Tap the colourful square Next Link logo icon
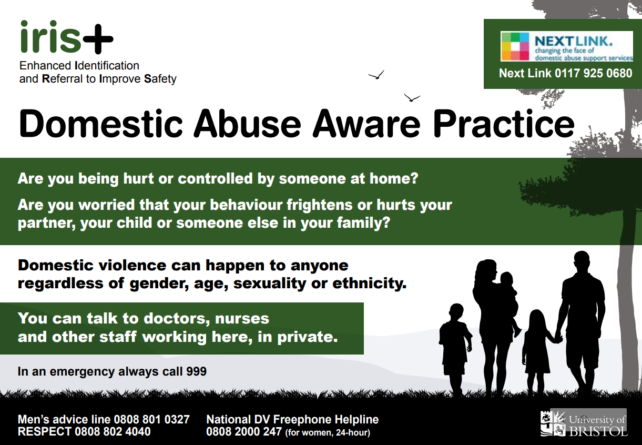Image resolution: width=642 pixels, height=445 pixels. (x=515, y=46)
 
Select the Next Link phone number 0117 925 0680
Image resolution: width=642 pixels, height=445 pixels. (x=593, y=74)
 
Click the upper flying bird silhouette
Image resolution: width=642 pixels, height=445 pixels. (x=376, y=75)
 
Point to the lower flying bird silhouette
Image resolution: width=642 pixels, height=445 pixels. (x=412, y=97)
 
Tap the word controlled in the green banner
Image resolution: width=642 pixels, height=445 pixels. (x=215, y=178)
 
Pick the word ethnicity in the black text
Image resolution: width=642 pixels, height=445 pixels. (x=370, y=284)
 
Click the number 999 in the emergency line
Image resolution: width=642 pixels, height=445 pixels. (x=196, y=371)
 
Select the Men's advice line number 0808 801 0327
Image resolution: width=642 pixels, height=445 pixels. (x=151, y=419)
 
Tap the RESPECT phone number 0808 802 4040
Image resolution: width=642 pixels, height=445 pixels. (x=113, y=431)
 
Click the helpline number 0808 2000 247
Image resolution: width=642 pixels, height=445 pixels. (x=244, y=431)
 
